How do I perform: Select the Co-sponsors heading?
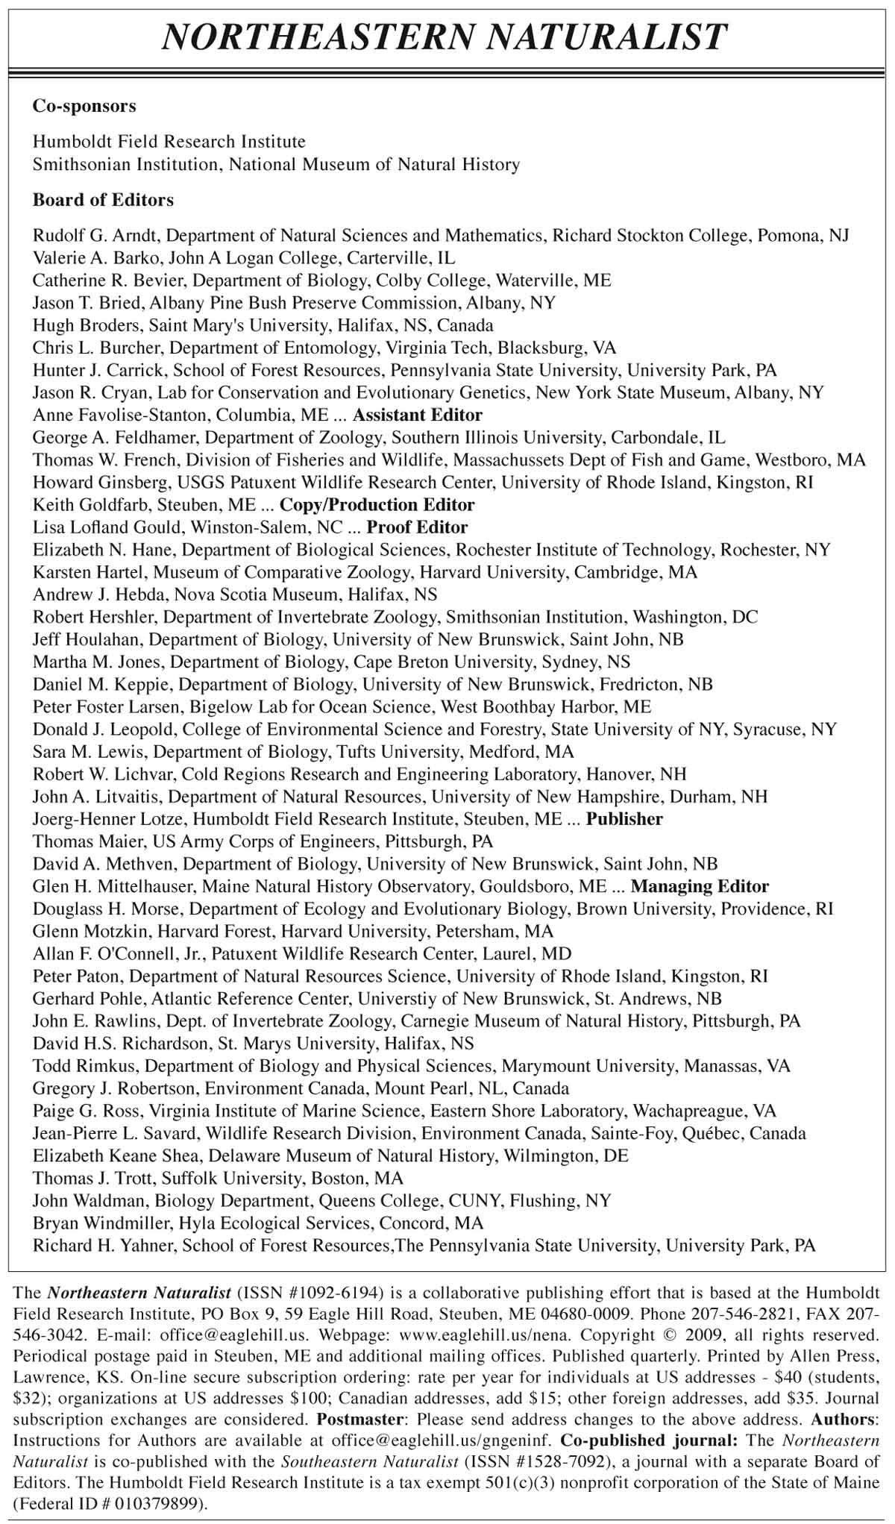pos(84,106)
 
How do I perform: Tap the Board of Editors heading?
pos(103,200)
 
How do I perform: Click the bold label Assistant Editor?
pos(418,415)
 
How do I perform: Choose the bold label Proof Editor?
pos(418,527)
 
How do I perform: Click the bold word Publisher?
pos(624,819)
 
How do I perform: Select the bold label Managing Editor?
pos(700,886)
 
